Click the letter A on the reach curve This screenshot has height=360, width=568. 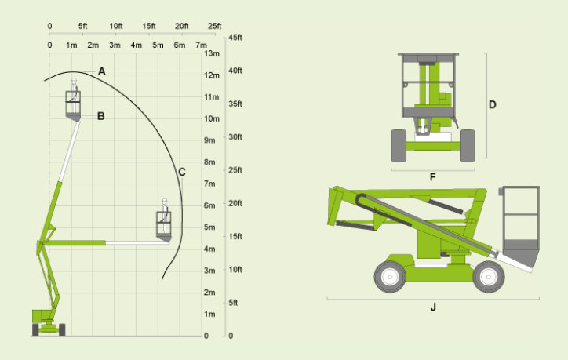(x=102, y=71)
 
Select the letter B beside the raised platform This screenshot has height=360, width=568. (x=101, y=116)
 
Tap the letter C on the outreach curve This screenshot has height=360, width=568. (x=182, y=172)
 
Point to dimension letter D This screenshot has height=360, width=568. (x=492, y=104)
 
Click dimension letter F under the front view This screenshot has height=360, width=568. (x=432, y=177)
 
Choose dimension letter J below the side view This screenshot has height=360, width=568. (x=433, y=307)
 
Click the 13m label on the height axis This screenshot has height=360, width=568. (x=212, y=53)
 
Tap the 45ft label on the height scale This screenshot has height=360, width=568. (x=235, y=38)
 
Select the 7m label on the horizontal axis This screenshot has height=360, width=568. (x=201, y=45)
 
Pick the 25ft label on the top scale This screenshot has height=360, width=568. (x=214, y=26)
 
